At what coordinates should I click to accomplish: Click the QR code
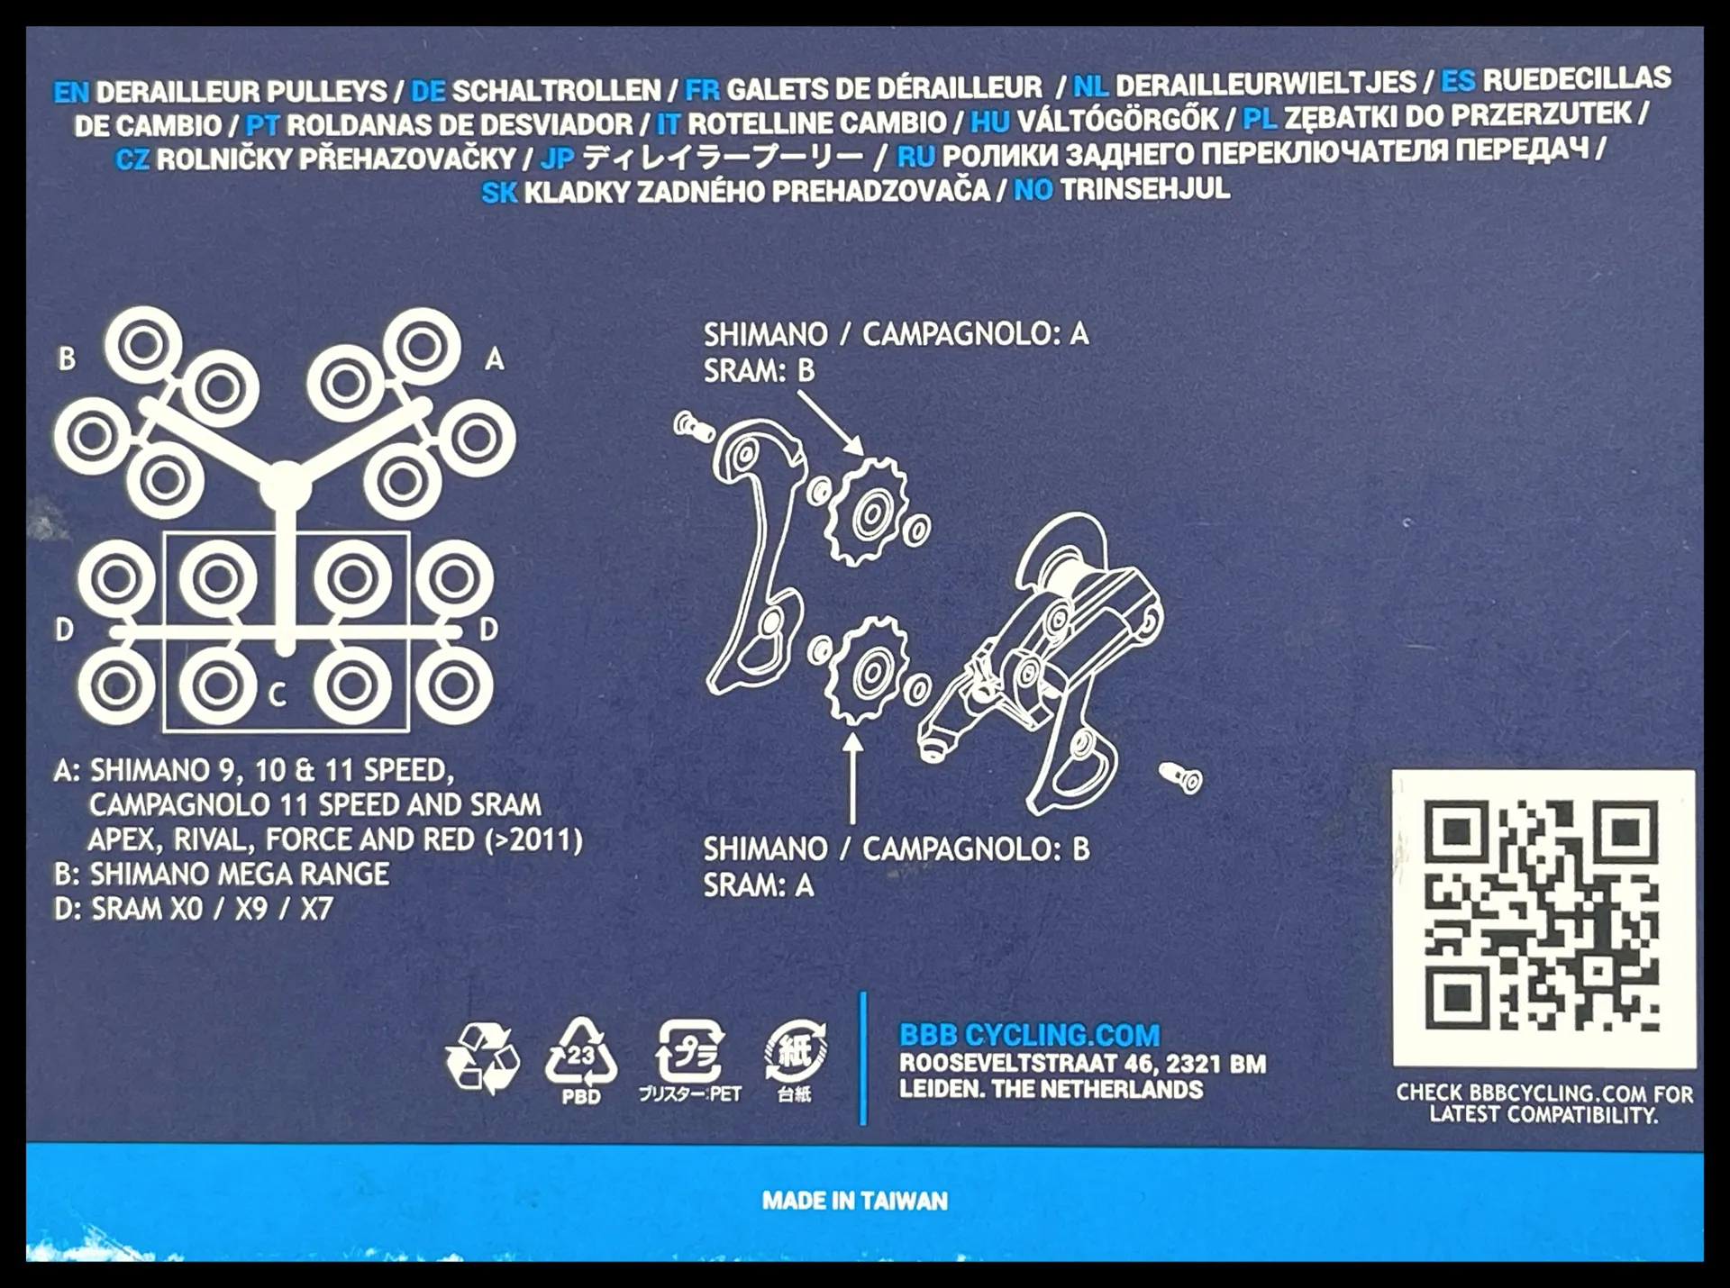(1542, 915)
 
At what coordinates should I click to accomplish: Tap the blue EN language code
(71, 93)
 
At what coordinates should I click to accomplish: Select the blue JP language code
(557, 159)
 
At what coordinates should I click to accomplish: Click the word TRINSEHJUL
(1144, 189)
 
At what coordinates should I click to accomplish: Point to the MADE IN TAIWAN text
(855, 1201)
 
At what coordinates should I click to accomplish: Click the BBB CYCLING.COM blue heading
(1030, 1036)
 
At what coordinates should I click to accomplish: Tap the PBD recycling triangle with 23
(581, 1060)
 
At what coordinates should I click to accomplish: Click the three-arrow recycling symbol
(482, 1058)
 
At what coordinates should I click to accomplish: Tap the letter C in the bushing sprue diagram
(278, 694)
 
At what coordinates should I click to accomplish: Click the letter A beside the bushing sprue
(495, 359)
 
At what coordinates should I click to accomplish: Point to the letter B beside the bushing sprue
(67, 358)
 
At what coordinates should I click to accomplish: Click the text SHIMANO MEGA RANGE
(240, 874)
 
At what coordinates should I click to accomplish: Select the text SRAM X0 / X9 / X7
(212, 909)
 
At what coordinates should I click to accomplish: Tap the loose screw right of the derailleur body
(1180, 776)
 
